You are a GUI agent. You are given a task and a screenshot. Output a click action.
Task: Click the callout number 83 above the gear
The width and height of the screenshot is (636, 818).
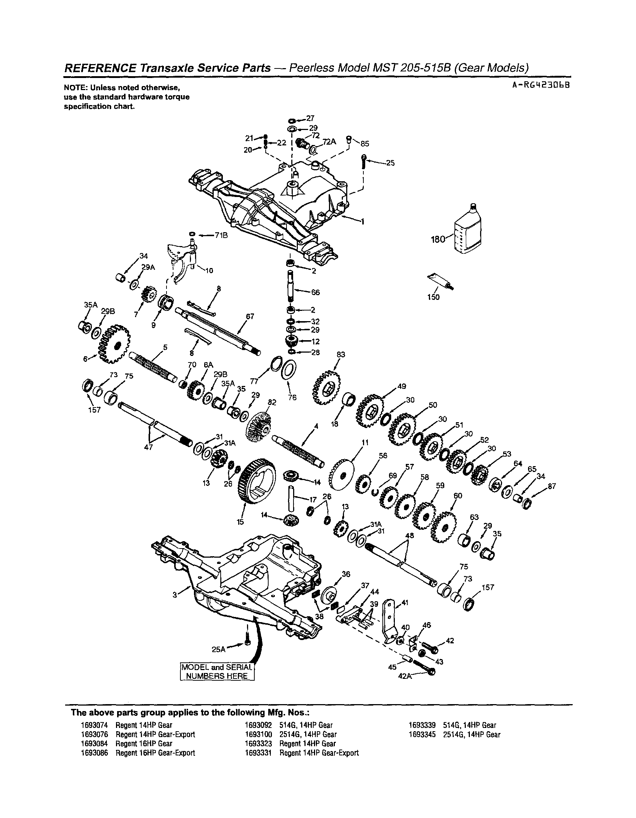(x=341, y=354)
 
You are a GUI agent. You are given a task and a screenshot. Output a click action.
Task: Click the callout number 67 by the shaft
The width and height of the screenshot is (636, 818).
(x=250, y=316)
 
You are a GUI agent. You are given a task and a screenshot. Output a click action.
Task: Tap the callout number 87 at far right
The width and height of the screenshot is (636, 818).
(x=551, y=486)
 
